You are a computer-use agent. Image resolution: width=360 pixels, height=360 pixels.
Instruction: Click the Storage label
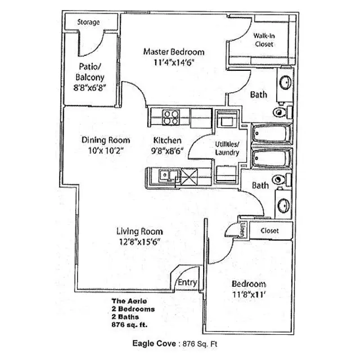point(88,22)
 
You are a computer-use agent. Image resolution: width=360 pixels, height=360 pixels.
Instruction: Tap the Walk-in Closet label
point(264,39)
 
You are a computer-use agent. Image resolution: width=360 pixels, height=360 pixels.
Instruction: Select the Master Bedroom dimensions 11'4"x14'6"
point(173,62)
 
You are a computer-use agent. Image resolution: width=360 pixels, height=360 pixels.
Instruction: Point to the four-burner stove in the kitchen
point(170,118)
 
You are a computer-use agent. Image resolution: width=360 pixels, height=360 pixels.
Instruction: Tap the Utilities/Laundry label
point(227,148)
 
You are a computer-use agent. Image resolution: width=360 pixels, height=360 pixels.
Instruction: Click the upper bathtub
point(271,135)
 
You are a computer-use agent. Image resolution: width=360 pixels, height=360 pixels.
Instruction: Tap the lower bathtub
point(271,159)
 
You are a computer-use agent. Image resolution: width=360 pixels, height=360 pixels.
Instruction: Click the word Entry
point(187,282)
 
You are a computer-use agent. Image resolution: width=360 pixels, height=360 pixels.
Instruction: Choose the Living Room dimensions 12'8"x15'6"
point(139,241)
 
